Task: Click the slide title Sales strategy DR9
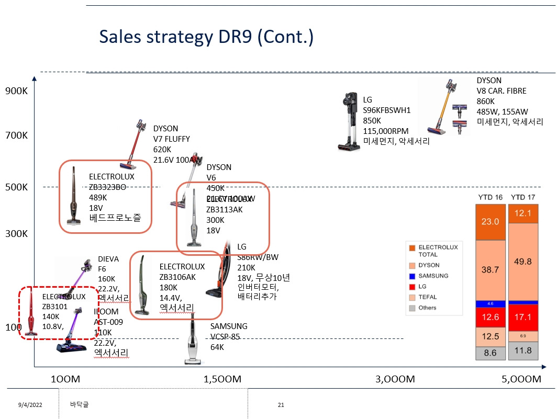206,37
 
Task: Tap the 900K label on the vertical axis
16,91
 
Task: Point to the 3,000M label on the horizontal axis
395,379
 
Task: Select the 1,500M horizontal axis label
222,379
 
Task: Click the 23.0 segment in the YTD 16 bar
489,222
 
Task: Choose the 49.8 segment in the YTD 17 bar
523,261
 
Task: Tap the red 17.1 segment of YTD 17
523,316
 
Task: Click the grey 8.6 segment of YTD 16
489,353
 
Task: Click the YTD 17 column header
523,197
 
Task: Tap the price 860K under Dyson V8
485,101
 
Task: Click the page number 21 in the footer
281,405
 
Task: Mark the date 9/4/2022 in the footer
30,405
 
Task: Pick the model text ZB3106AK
177,277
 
